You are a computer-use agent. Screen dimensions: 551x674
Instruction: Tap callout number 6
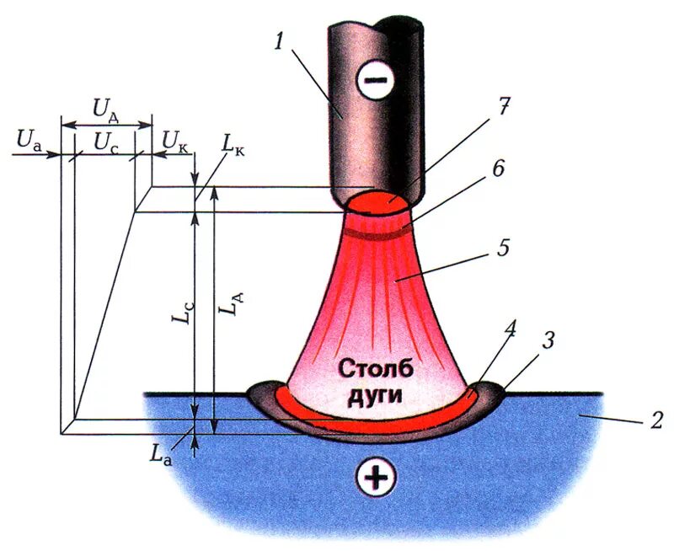coord(498,169)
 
